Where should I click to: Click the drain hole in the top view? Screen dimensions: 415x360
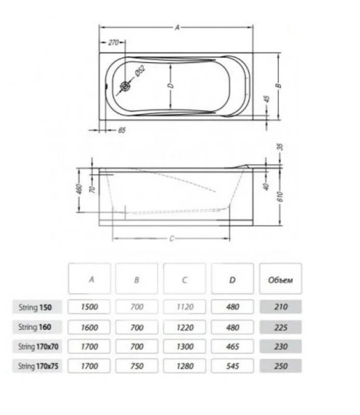click(126, 86)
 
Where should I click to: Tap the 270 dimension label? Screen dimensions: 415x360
click(115, 42)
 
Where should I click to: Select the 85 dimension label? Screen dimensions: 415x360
click(123, 129)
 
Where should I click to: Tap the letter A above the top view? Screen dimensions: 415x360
click(177, 28)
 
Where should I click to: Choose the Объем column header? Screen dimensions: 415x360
click(280, 280)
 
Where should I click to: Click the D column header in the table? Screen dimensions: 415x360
click(232, 280)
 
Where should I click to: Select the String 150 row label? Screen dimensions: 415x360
click(41, 306)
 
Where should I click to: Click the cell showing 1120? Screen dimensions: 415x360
click(184, 306)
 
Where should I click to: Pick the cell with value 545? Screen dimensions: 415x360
click(232, 367)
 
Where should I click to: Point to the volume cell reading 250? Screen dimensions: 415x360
click(280, 367)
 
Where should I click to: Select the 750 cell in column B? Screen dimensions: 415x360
click(137, 367)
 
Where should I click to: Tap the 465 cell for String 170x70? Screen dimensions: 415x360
click(232, 347)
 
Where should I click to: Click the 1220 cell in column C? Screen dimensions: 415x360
click(184, 326)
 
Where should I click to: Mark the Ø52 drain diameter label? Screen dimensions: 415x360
click(138, 70)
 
